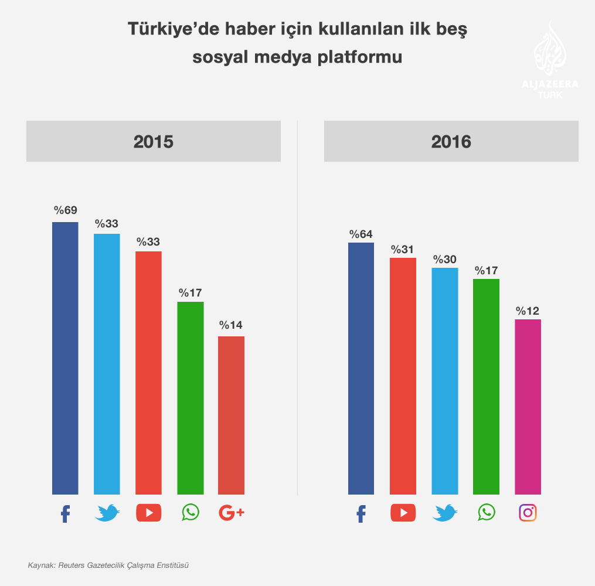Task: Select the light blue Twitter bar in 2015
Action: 107,363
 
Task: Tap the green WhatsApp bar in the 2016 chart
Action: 486,386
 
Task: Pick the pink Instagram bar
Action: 528,406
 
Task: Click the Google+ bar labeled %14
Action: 231,415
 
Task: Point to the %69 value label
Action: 66,210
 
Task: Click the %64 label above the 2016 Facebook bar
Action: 361,234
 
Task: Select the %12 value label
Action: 528,311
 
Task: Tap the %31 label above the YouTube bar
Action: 403,250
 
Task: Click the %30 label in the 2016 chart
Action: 444,260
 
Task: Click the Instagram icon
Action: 528,513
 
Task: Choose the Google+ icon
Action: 231,513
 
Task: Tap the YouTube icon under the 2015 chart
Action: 148,513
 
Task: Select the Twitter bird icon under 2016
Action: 444,513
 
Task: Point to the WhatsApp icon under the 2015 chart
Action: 191,512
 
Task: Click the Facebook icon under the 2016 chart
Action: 361,513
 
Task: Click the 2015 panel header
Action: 154,141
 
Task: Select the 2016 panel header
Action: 451,141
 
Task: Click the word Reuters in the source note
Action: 72,565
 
